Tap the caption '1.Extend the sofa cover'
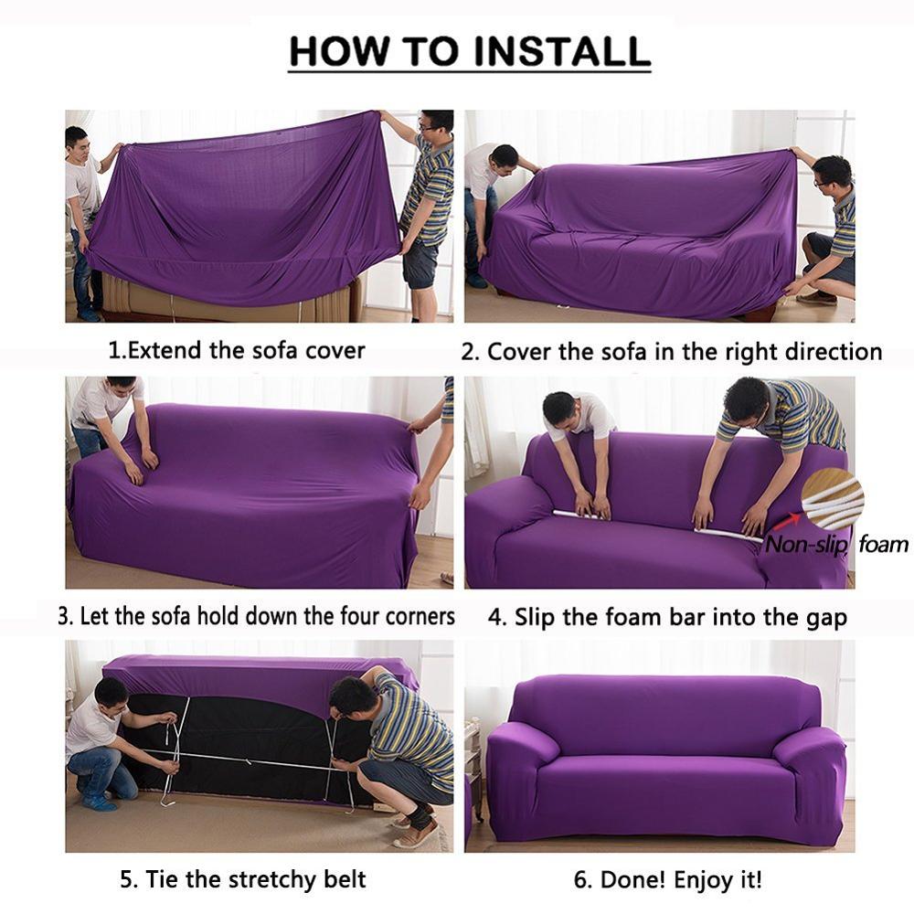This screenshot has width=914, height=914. tap(237, 350)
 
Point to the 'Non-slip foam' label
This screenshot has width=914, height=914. tap(836, 546)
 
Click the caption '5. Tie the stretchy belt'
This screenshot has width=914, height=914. tap(243, 880)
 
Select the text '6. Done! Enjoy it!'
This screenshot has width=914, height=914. tap(667, 880)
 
